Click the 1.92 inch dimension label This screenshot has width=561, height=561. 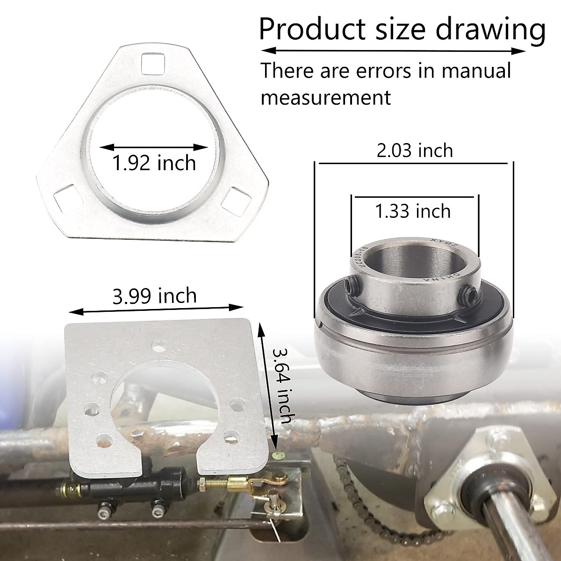click(154, 164)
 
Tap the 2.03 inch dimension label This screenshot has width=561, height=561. click(415, 151)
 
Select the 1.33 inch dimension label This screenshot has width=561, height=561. click(413, 211)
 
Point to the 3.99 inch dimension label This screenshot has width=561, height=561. click(155, 296)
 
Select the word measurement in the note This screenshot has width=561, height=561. click(325, 98)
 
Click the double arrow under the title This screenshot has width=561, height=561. click(393, 50)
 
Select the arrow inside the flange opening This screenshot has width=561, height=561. click(154, 147)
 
